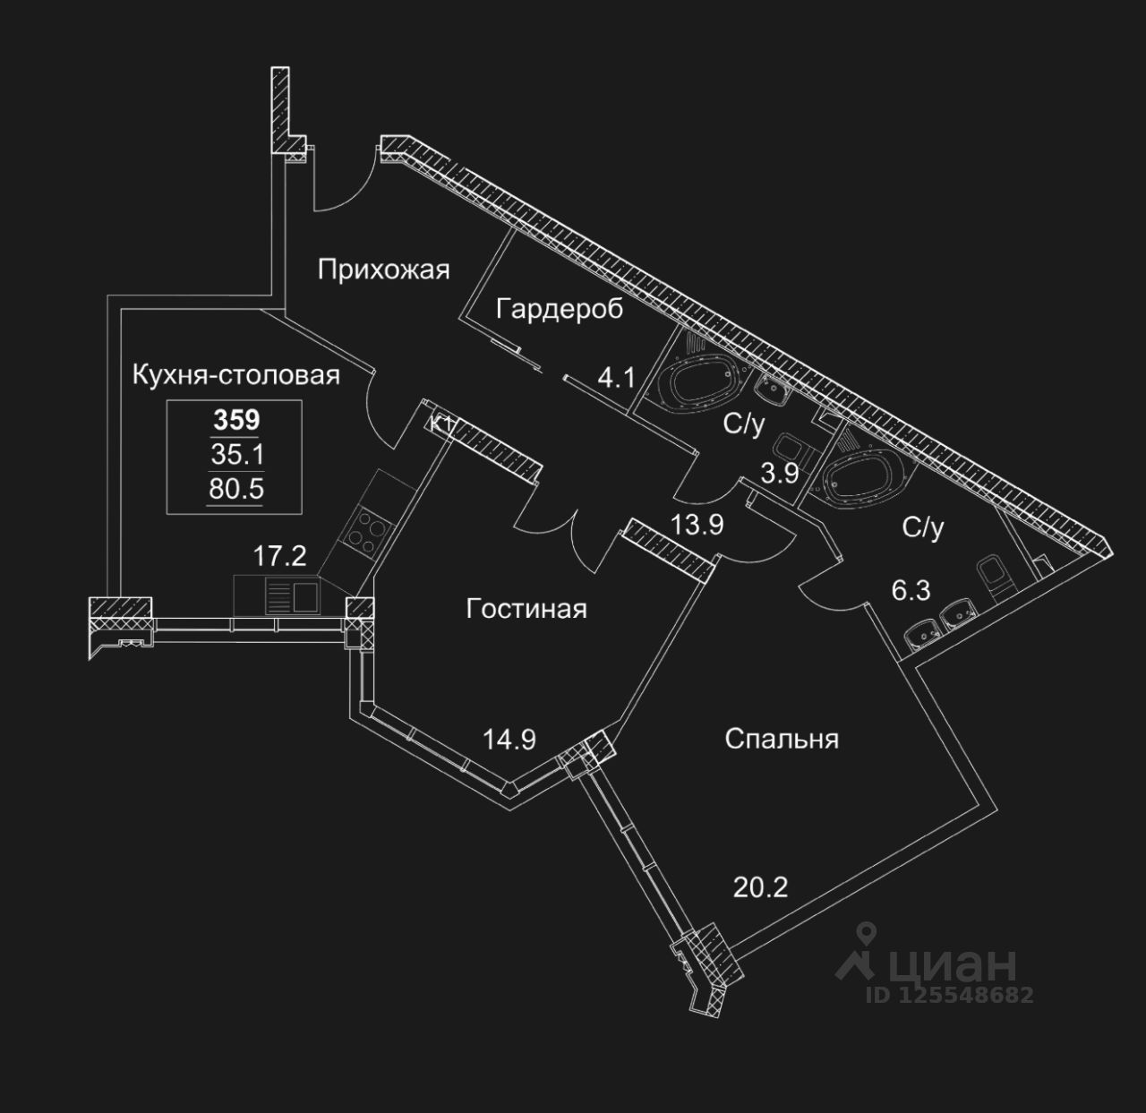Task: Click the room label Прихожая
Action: pos(383,270)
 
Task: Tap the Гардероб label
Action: pos(560,309)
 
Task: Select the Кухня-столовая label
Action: pos(236,375)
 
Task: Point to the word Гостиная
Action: pos(526,608)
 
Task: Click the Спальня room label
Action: pos(782,739)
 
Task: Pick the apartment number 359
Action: pos(236,420)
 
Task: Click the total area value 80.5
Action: pos(236,490)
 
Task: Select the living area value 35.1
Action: pos(237,455)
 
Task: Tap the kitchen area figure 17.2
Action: pos(279,556)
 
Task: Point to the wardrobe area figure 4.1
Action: pos(617,378)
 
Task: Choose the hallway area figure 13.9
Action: pos(697,524)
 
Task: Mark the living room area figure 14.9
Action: pos(509,740)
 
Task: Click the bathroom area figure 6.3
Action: pos(911,590)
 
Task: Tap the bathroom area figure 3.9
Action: pos(779,473)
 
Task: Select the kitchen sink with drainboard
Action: pos(294,596)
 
